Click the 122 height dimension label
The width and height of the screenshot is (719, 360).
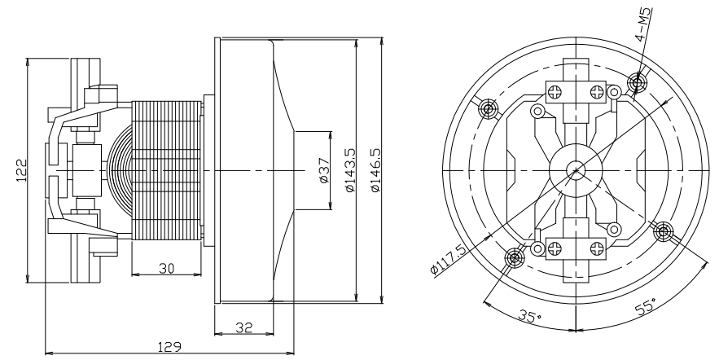coord(21,170)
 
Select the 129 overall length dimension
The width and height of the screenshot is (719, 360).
coord(170,346)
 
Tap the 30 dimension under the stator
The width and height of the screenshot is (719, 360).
coord(166,268)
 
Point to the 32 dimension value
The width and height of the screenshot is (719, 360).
coord(244,327)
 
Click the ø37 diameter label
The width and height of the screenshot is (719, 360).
coord(324,170)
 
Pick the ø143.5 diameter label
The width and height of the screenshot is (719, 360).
coord(350,170)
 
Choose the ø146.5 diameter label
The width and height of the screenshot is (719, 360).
coord(375,170)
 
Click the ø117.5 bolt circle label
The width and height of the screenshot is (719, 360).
coord(449,259)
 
